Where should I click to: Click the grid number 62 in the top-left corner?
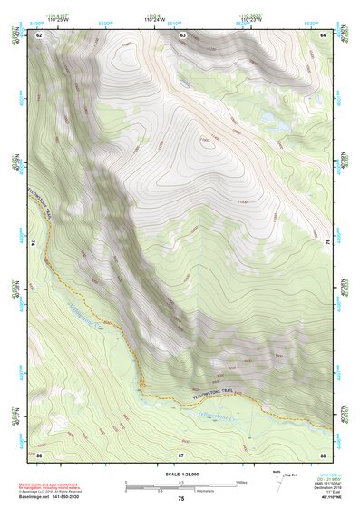(39, 34)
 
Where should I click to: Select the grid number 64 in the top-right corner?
(323, 34)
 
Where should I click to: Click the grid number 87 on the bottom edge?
(181, 453)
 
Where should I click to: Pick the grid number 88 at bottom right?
(323, 453)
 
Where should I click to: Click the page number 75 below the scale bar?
(181, 499)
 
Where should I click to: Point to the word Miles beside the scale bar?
(241, 481)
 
